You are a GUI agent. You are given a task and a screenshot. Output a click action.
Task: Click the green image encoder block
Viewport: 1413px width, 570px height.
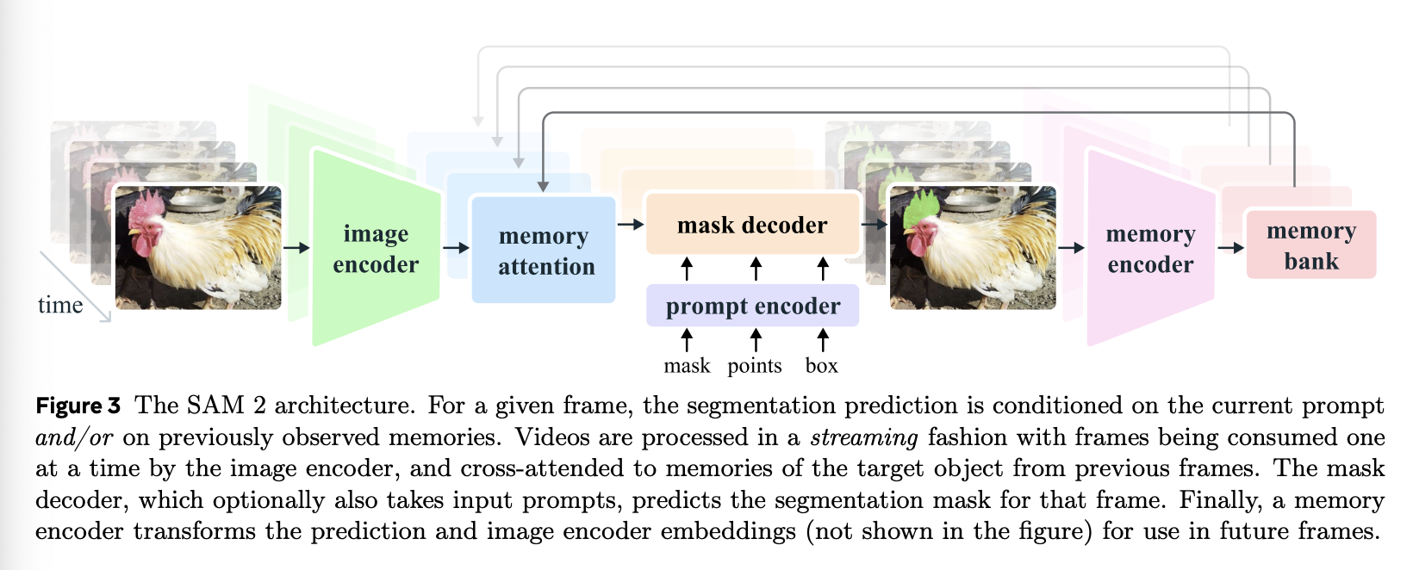(376, 249)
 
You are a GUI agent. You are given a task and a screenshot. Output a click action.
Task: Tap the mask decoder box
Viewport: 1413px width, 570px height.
(752, 225)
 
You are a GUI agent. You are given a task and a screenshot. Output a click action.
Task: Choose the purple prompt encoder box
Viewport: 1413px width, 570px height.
(752, 306)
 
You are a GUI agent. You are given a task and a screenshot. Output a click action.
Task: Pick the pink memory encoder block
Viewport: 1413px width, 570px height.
(1150, 249)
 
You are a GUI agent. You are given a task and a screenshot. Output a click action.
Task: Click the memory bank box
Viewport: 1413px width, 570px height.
(1310, 245)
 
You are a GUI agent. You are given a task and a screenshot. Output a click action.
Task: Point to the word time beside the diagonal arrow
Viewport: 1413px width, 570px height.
(60, 305)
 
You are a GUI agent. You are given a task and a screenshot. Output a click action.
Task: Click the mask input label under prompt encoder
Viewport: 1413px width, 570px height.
(687, 366)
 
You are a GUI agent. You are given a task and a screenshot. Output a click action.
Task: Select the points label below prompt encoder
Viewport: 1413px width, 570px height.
(755, 366)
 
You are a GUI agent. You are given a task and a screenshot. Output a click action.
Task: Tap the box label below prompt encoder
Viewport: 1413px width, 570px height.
(821, 366)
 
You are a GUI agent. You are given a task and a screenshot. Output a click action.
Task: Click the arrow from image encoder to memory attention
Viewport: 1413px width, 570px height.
(456, 248)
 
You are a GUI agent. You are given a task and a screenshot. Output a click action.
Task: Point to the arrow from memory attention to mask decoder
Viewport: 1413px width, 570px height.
(631, 225)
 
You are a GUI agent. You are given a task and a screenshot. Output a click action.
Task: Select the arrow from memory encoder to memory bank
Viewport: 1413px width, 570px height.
(1230, 248)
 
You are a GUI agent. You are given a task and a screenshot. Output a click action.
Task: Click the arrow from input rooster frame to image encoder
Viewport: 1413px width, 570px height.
(296, 248)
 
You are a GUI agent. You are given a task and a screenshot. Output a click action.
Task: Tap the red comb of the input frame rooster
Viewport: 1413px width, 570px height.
(150, 207)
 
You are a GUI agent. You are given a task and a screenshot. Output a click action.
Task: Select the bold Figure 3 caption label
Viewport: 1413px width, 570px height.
(78, 406)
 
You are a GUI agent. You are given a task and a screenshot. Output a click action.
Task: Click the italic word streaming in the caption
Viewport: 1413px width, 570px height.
(864, 437)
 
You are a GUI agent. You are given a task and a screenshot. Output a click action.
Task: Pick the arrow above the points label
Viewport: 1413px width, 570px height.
(756, 339)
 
